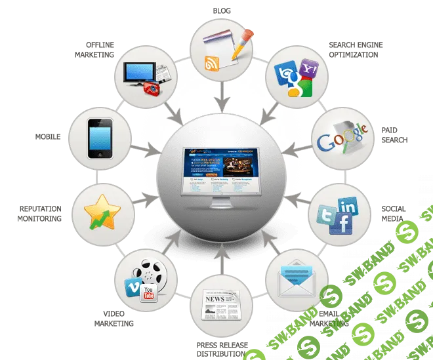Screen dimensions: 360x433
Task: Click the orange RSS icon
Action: point(212,64)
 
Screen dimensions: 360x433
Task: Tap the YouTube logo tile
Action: point(150,292)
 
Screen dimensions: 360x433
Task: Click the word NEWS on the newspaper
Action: point(215,301)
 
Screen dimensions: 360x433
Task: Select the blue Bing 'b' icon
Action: point(289,76)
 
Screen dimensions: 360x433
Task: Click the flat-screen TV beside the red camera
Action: point(140,72)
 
